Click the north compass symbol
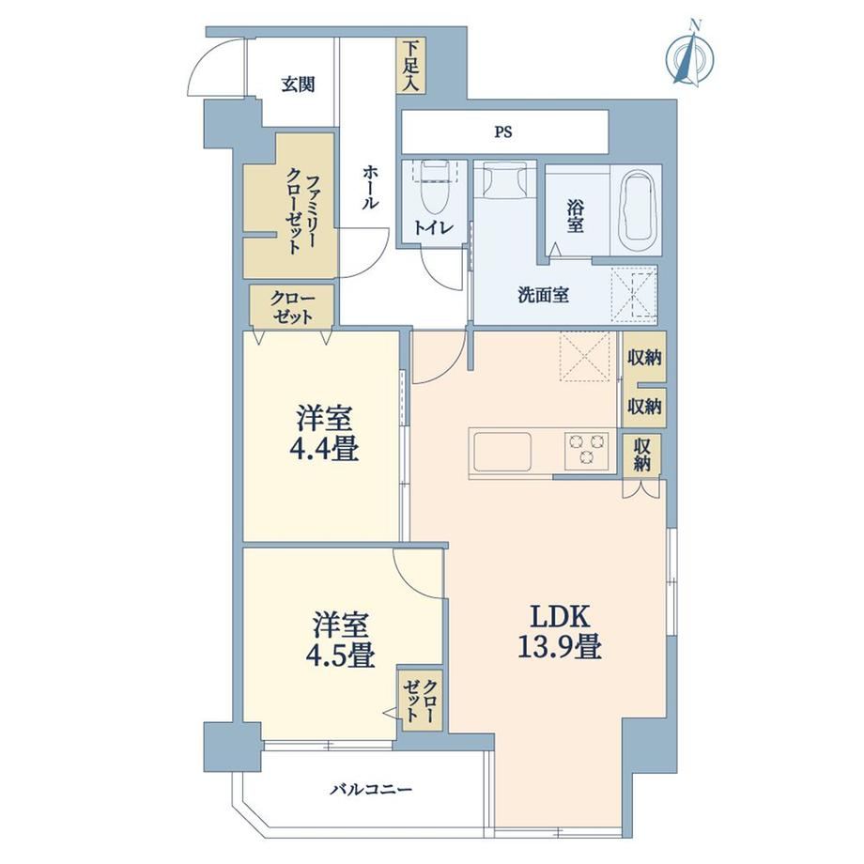(x=690, y=55)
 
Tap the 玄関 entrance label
(x=298, y=85)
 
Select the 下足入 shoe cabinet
(x=410, y=66)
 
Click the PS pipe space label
(x=503, y=132)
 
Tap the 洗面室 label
(x=543, y=295)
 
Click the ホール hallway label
(x=370, y=187)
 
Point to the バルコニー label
(x=371, y=790)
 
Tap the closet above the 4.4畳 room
(x=291, y=306)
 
